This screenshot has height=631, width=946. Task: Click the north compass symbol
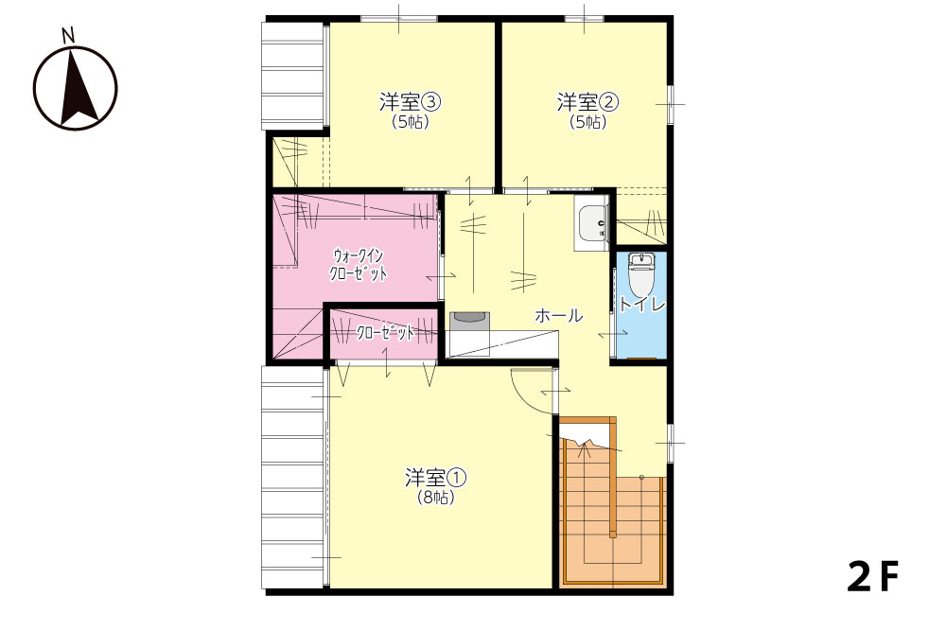click(x=75, y=87)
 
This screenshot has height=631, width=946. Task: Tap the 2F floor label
click(x=872, y=576)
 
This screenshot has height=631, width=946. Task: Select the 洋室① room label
click(x=435, y=479)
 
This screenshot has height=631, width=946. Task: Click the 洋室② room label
click(x=587, y=102)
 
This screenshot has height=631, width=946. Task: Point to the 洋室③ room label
click(x=411, y=102)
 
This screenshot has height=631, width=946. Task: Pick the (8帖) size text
click(x=435, y=498)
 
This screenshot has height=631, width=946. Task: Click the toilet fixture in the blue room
click(x=640, y=274)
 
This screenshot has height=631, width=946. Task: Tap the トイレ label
click(x=641, y=304)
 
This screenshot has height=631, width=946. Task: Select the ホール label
click(x=559, y=315)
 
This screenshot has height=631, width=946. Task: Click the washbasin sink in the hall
click(x=591, y=223)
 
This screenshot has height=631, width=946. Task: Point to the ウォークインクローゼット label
click(x=359, y=265)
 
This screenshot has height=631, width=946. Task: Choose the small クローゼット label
click(x=386, y=332)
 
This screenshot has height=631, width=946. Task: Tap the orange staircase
click(x=612, y=502)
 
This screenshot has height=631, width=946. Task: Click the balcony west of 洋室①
click(x=294, y=477)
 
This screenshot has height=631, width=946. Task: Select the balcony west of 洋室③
click(x=294, y=76)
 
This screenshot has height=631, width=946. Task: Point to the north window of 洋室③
click(x=398, y=19)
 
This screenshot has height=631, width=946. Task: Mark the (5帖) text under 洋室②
click(x=587, y=122)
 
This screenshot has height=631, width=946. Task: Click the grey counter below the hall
click(x=469, y=320)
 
